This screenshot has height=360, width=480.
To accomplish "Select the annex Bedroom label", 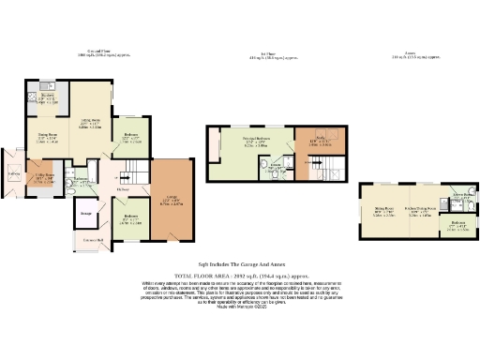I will coord(458,224).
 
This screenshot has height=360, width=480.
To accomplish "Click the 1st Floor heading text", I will coord(278,53).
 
